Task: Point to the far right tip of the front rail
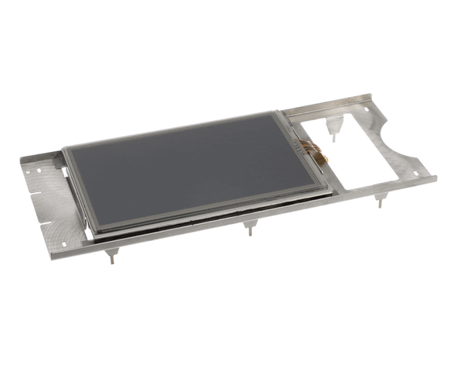pyautogui.click(x=435, y=177)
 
